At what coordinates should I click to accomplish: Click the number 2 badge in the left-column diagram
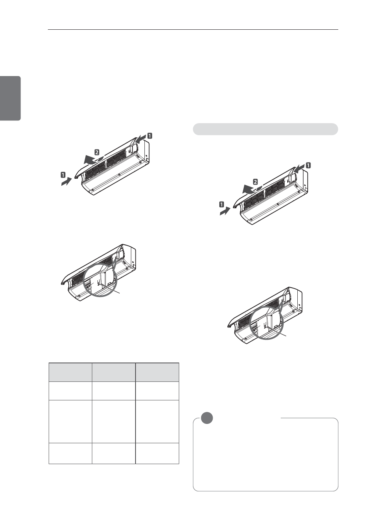pos(97,153)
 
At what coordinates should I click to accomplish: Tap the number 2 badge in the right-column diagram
pos(255,182)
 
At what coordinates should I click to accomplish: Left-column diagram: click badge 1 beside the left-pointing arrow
pos(149,136)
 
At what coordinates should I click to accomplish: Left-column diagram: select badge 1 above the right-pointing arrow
pos(63,174)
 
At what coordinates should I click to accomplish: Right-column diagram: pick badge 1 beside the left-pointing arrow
pos(308,166)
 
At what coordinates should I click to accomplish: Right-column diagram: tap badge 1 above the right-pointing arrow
pos(221,204)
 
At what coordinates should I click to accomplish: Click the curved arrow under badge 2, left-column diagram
pos(93,160)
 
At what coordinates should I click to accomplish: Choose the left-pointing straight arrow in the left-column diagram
pos(141,140)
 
